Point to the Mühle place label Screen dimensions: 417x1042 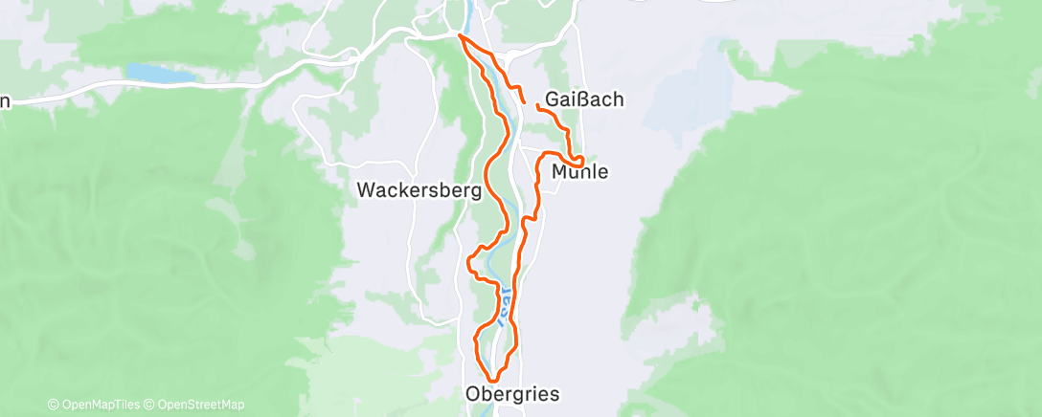click(580, 172)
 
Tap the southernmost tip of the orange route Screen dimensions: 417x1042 click(491, 380)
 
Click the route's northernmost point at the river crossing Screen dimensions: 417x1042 click(461, 36)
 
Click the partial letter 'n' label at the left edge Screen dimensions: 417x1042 click(5, 100)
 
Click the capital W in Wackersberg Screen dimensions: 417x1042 click(366, 189)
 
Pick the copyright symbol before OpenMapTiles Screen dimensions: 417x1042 click(53, 405)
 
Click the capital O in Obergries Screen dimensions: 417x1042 click(473, 394)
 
